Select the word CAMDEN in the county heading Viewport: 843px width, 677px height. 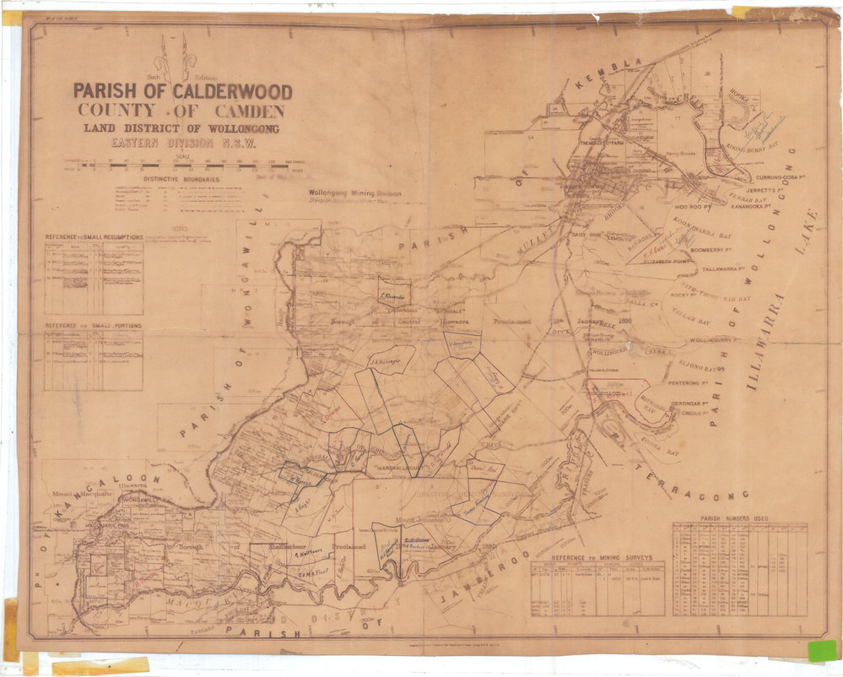pos(243,111)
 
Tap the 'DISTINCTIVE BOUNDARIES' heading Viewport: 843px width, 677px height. pos(181,180)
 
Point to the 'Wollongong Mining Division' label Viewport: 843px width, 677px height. pos(354,193)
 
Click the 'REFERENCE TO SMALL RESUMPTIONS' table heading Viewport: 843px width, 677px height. pos(94,238)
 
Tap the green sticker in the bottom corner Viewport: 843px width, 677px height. pos(821,650)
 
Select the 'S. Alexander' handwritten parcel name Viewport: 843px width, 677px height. pos(393,296)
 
